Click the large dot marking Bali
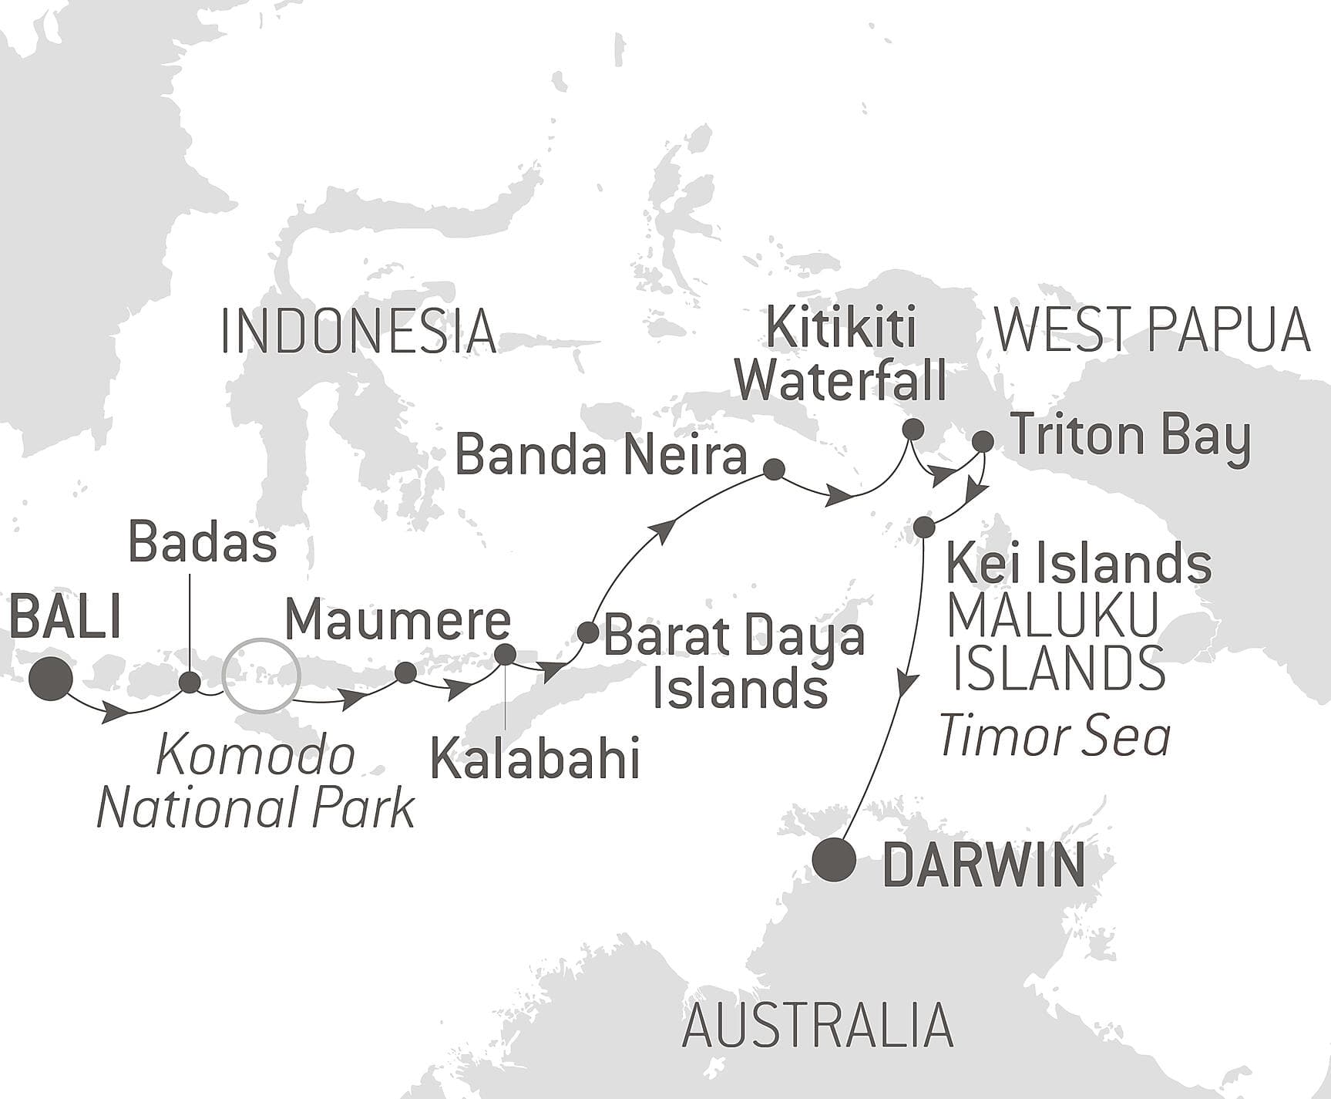pyautogui.click(x=51, y=679)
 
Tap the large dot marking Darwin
pyautogui.click(x=835, y=860)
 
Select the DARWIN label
pyautogui.click(x=983, y=866)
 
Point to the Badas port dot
pyautogui.click(x=190, y=683)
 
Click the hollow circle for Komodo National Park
pyautogui.click(x=260, y=676)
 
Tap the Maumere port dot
pyautogui.click(x=405, y=673)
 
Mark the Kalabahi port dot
pyautogui.click(x=505, y=654)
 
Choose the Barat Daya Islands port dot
pyautogui.click(x=587, y=632)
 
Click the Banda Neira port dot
pyautogui.click(x=773, y=469)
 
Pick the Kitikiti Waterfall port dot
pyautogui.click(x=913, y=430)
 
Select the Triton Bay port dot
pyautogui.click(x=983, y=441)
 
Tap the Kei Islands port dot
pyautogui.click(x=924, y=528)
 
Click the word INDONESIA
pyautogui.click(x=358, y=332)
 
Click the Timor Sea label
pyautogui.click(x=1054, y=736)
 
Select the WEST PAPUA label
pyautogui.click(x=1151, y=330)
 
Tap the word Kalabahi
pyautogui.click(x=535, y=759)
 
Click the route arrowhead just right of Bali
pyautogui.click(x=115, y=713)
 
